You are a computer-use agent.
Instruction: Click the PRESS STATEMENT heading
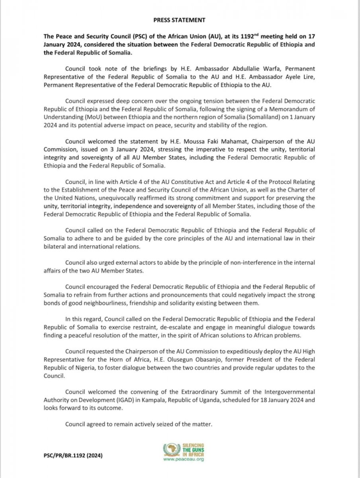[180, 19]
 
